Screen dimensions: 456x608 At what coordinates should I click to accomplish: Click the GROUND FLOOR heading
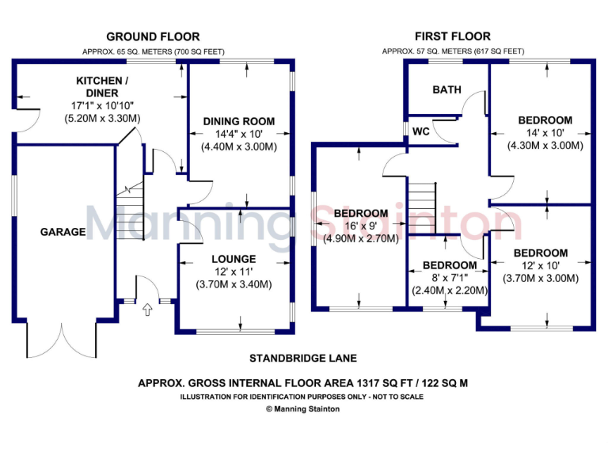[x=153, y=36]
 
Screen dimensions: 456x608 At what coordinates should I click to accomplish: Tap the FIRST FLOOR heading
[x=453, y=36]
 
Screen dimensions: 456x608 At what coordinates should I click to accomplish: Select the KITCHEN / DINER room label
[x=101, y=81]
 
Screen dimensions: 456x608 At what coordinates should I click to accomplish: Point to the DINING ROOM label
[x=239, y=121]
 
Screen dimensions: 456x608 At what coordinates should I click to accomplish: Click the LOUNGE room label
[x=234, y=259]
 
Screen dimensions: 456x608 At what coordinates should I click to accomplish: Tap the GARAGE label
[x=63, y=232]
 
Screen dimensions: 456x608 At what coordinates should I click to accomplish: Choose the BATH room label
[x=446, y=89]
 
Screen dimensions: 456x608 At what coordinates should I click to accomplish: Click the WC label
[x=421, y=131]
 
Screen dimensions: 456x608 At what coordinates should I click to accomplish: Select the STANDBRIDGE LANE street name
[x=303, y=358]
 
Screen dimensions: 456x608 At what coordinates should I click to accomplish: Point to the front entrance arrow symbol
[x=146, y=309]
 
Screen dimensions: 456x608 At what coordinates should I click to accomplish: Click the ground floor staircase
[x=127, y=207]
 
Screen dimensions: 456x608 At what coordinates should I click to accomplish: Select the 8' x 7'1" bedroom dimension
[x=450, y=278]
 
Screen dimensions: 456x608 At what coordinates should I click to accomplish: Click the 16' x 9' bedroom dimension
[x=360, y=226]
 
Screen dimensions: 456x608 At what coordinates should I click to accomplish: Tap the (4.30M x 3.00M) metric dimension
[x=545, y=146]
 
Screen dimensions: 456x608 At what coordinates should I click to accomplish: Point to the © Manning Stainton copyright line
[x=303, y=409]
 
